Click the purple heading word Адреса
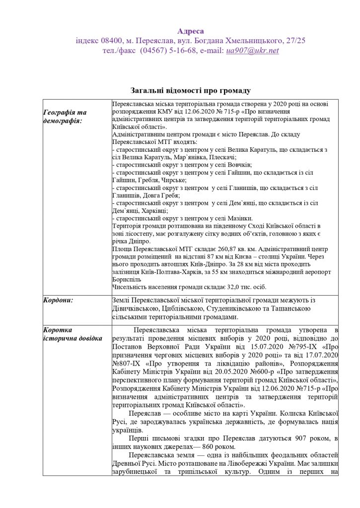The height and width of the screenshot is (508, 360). [190, 31]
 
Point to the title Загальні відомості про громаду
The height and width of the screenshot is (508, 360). [191, 91]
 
